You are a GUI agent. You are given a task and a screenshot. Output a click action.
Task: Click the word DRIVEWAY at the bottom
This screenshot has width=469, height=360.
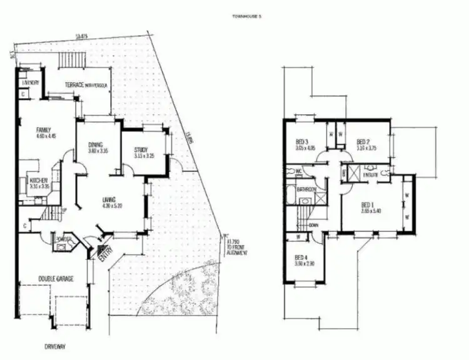coord(56,346)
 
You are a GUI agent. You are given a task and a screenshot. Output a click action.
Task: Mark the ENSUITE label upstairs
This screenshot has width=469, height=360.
coord(370,177)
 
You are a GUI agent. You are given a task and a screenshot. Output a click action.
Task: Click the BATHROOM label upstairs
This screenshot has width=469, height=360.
coord(306,189)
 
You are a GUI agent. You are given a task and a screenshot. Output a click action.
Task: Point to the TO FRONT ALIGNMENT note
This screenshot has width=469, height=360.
coord(238,248)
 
